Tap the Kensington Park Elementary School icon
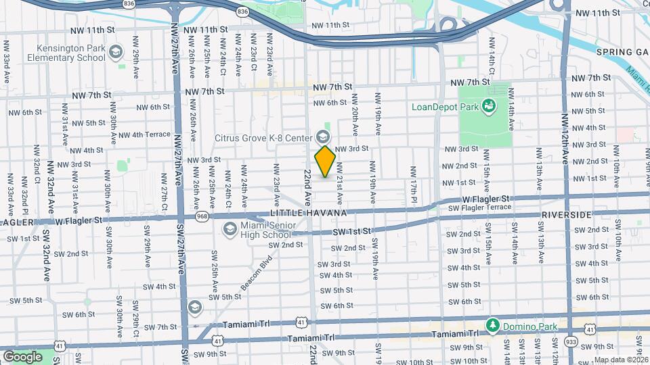(x=116, y=51)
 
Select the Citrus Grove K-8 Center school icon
(x=319, y=137)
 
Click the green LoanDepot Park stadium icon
(x=487, y=106)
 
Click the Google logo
(x=22, y=356)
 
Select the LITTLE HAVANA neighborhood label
(x=308, y=213)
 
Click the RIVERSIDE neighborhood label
(x=567, y=214)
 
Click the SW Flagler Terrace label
(x=479, y=208)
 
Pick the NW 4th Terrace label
(x=144, y=135)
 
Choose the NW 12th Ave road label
(x=564, y=139)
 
